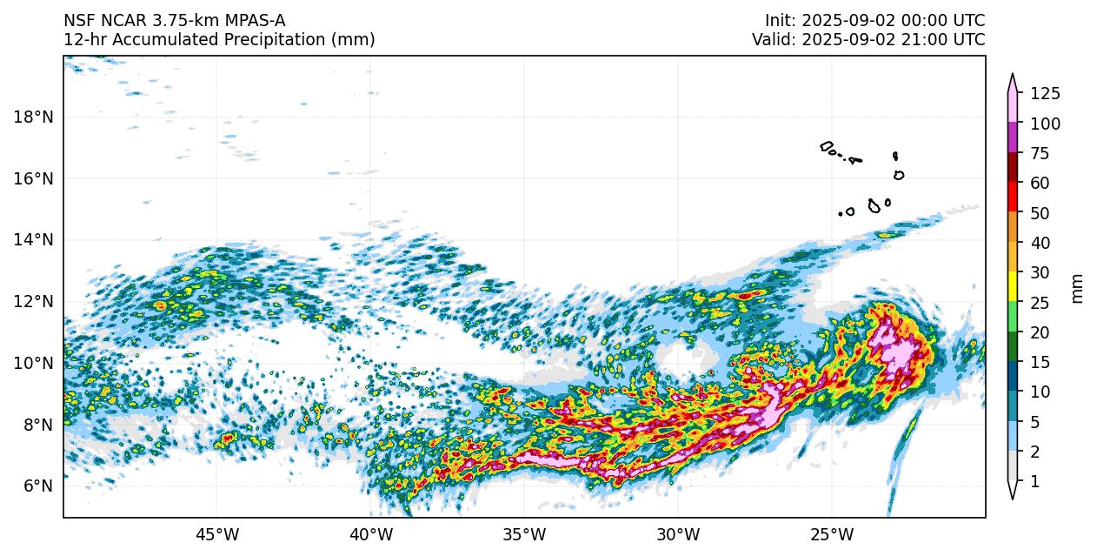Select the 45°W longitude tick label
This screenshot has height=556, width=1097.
coord(217,533)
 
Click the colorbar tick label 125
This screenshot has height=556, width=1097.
coord(1045,94)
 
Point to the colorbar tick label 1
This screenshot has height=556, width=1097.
coord(1034,481)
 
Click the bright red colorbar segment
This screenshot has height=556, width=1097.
coord(1013,198)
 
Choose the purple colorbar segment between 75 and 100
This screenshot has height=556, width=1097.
coord(1013,138)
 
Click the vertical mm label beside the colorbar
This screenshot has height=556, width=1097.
coord(1078,288)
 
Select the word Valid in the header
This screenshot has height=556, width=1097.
coord(773,40)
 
